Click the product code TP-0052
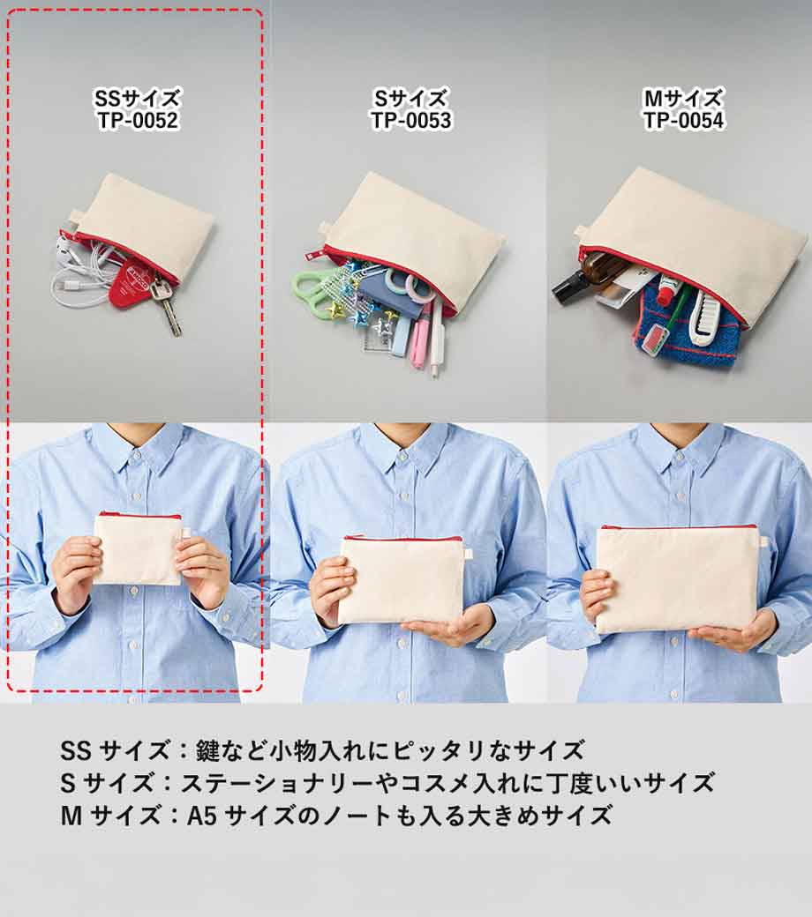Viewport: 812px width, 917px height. coord(138,121)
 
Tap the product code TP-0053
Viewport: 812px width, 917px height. coord(411,121)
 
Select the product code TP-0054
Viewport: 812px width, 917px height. coord(684,121)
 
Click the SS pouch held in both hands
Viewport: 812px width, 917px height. coord(139,548)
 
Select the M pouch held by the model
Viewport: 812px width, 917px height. coord(677,578)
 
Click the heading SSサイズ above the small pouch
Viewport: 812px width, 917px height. coord(138,98)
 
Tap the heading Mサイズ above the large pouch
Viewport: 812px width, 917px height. coord(684,98)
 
